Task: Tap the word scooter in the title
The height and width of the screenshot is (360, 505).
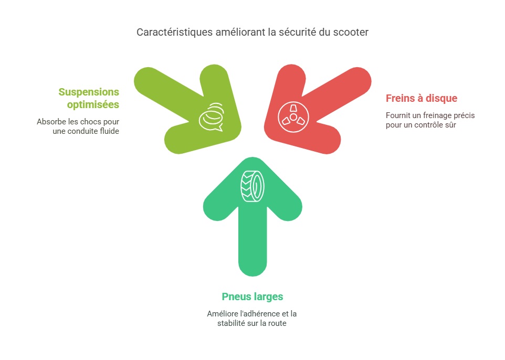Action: [x=351, y=32]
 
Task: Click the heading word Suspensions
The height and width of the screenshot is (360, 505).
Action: [x=89, y=92]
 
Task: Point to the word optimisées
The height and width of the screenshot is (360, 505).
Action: [x=93, y=104]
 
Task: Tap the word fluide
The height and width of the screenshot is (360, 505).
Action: [x=110, y=131]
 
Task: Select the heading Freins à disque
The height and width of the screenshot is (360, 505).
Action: [x=422, y=98]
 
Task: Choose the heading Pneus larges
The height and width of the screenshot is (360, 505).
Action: [x=252, y=297]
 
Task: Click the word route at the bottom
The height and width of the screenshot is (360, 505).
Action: [x=277, y=323]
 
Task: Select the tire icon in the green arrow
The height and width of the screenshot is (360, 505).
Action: [x=252, y=186]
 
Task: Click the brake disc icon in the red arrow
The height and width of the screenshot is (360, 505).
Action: [x=293, y=117]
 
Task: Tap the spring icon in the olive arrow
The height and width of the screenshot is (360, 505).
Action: [x=212, y=117]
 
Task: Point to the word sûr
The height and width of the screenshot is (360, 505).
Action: [x=450, y=125]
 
